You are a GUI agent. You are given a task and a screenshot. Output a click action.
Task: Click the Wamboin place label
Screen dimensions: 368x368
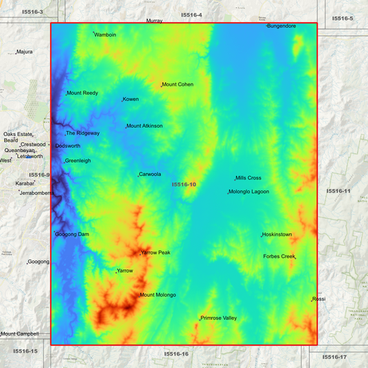tap(105, 35)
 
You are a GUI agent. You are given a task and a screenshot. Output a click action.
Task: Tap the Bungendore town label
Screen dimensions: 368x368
tap(282, 26)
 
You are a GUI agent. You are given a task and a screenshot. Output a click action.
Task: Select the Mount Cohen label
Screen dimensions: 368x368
tap(177, 85)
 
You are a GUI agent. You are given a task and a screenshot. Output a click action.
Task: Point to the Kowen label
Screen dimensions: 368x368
tap(130, 99)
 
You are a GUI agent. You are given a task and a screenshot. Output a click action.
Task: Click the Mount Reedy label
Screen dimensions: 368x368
tap(82, 93)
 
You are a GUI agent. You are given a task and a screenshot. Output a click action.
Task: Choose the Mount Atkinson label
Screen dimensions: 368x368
tap(144, 126)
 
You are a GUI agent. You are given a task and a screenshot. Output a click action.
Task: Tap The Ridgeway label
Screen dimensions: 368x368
tap(83, 133)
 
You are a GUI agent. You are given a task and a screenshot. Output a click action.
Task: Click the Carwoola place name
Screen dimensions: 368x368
tap(150, 175)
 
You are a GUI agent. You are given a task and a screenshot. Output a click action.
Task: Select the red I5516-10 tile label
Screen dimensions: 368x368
tap(184, 184)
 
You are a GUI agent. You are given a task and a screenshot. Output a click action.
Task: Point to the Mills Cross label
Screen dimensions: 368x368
tap(249, 178)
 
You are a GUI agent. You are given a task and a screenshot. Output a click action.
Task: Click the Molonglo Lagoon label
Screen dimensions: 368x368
tap(249, 192)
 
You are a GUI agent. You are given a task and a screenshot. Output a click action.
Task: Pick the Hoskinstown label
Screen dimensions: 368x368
tap(277, 235)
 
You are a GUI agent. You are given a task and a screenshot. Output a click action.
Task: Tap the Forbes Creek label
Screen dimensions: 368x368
tap(279, 257)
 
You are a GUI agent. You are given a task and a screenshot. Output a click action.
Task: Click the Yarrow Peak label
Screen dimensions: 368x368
tap(155, 253)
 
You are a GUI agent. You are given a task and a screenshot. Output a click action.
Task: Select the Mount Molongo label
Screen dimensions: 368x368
tap(157, 296)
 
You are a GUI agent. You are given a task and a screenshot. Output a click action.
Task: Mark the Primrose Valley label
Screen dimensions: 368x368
tap(218, 318)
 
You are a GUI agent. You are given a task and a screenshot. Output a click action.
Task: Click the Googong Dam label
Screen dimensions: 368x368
tap(72, 235)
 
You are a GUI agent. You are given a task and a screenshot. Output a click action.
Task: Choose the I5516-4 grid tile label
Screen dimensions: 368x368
tap(192, 14)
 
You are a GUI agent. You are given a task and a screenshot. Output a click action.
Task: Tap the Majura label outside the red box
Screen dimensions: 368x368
tap(25, 52)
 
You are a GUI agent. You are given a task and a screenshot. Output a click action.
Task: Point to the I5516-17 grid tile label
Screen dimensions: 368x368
tap(333, 357)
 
